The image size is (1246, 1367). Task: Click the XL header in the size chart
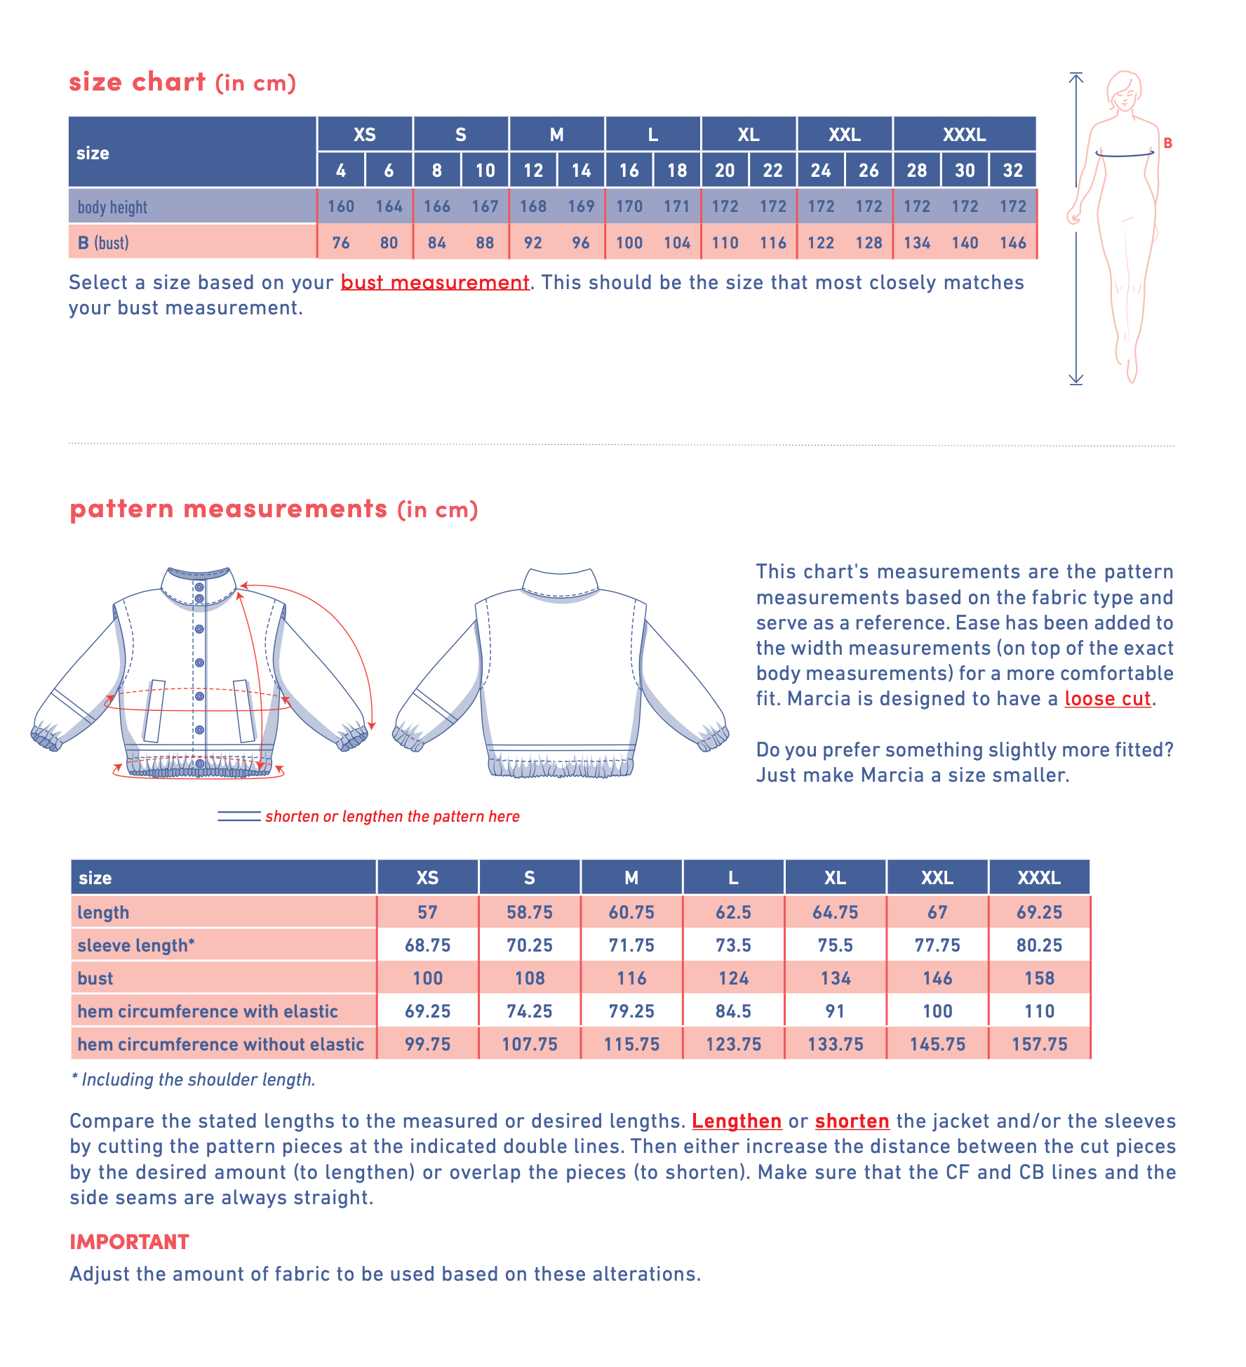coord(749,134)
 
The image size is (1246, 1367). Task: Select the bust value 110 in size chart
coord(725,243)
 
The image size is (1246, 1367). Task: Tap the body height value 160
coord(341,206)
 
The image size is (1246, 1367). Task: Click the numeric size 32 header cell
coord(1012,171)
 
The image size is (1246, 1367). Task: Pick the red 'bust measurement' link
coord(435,282)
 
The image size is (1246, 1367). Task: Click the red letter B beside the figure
coord(1167,143)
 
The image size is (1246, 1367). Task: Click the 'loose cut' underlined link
coord(1107,699)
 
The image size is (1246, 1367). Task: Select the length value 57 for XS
coord(427,912)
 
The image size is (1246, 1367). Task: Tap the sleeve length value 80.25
coord(1039,945)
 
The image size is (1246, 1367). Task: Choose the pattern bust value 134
coord(835,978)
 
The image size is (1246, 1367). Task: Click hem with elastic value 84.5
coord(733,1011)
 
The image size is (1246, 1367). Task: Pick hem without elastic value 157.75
coord(1039,1044)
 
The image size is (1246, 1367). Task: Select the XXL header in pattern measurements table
coord(937,878)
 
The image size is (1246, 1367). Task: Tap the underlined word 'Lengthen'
coord(737,1121)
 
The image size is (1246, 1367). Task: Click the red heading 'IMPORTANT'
coord(129,1242)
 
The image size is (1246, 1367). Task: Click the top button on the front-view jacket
coord(199,587)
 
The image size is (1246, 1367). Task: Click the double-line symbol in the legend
coord(239,816)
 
